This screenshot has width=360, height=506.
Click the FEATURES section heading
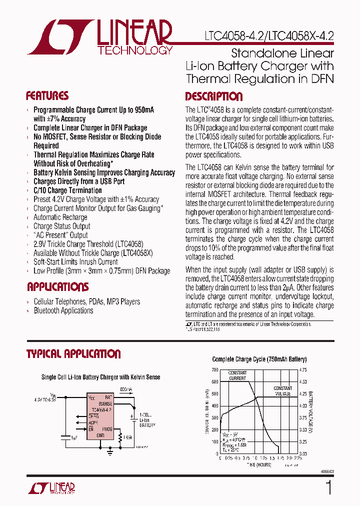pyautogui.click(x=47, y=96)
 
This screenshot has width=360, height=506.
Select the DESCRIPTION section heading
pyautogui.click(x=213, y=96)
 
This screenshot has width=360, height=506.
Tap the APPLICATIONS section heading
pyautogui.click(x=57, y=287)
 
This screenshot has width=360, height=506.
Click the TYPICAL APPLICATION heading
pyautogui.click(x=73, y=354)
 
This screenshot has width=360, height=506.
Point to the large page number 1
pyautogui.click(x=328, y=487)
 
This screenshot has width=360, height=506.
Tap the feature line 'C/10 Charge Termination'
pyautogui.click(x=67, y=190)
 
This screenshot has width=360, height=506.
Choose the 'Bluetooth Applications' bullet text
pyautogui.click(x=63, y=310)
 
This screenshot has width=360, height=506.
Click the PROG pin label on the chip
pyautogui.click(x=107, y=428)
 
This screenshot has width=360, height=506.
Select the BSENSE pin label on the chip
pyautogui.click(x=105, y=403)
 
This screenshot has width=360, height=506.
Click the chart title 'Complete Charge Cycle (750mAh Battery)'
pyautogui.click(x=259, y=359)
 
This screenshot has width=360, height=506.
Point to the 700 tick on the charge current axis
pyautogui.click(x=214, y=370)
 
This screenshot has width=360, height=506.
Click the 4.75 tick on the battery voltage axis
pyautogui.click(x=303, y=370)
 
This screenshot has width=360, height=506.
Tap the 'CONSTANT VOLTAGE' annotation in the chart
pyautogui.click(x=282, y=391)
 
